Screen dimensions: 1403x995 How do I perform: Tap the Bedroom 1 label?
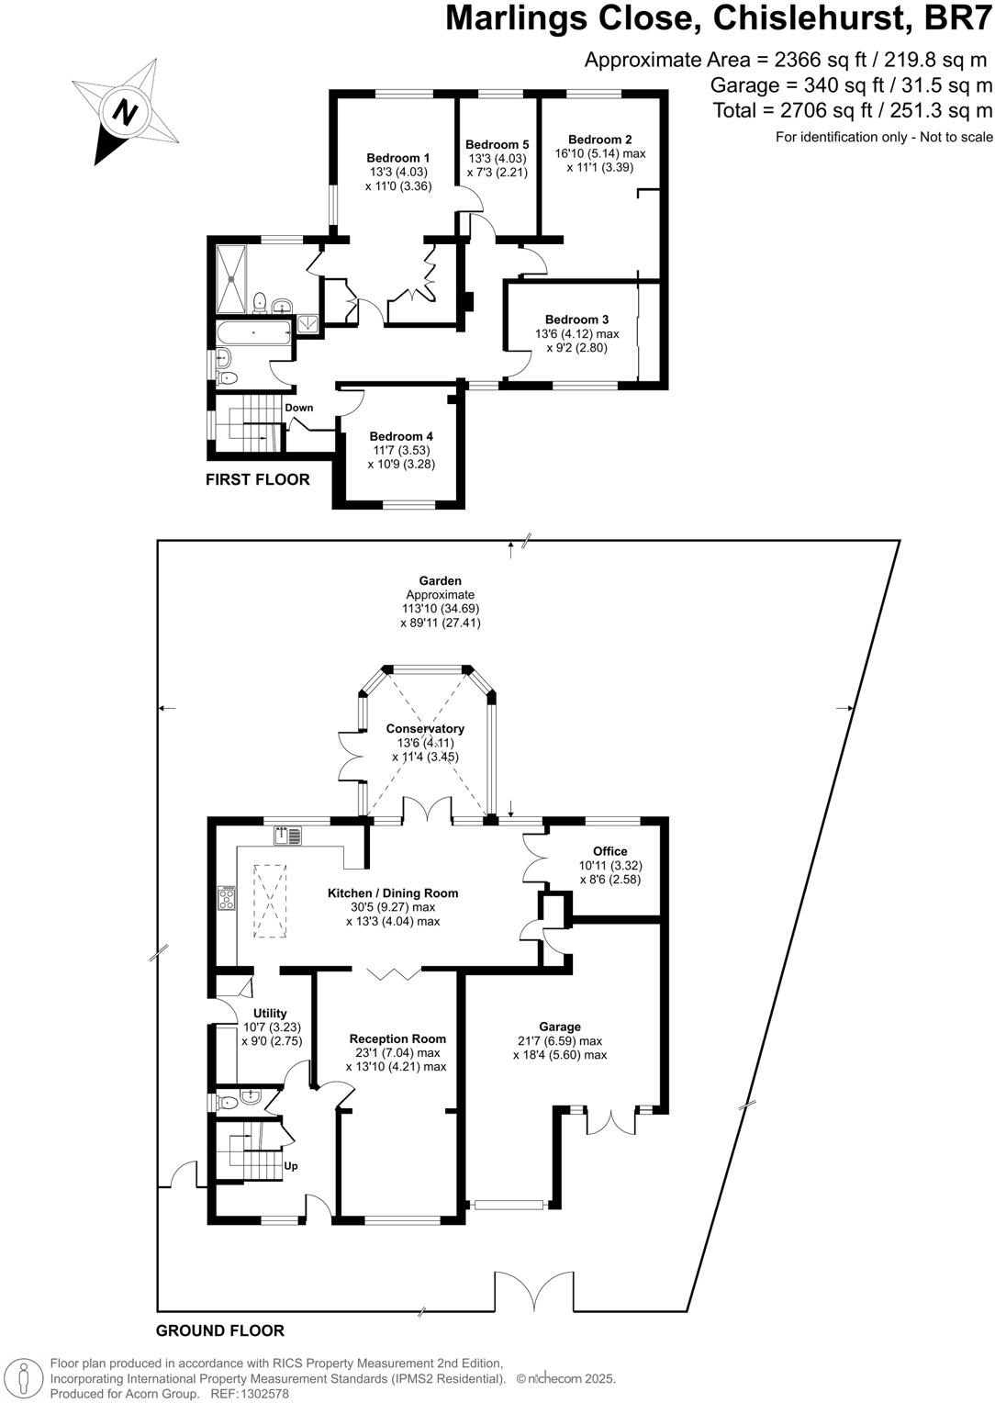pyautogui.click(x=397, y=157)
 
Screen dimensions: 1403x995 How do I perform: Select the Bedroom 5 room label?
pyautogui.click(x=497, y=144)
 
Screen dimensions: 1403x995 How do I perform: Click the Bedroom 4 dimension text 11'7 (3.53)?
pyautogui.click(x=401, y=450)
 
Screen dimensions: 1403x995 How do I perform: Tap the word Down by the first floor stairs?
pyautogui.click(x=298, y=408)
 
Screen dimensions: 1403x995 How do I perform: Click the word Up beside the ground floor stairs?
pyautogui.click(x=291, y=1166)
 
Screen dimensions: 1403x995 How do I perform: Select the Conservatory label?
pyautogui.click(x=425, y=728)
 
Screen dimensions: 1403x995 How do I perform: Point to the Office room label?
pyautogui.click(x=609, y=851)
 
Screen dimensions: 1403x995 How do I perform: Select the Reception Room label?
pyautogui.click(x=397, y=1038)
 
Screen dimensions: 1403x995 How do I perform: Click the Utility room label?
pyautogui.click(x=270, y=1014)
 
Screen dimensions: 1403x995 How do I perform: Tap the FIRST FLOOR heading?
pyautogui.click(x=257, y=479)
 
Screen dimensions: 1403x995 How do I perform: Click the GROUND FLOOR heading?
pyautogui.click(x=220, y=1330)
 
